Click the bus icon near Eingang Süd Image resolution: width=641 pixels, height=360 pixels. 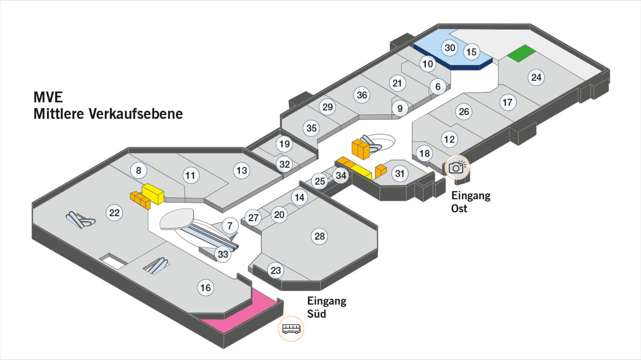pos(291,329)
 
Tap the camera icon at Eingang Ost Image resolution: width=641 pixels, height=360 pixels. pos(457,167)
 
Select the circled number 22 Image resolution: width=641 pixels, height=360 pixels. pos(114,213)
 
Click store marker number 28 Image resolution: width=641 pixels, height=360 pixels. pos(319,237)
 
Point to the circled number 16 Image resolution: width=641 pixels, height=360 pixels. pos(205,287)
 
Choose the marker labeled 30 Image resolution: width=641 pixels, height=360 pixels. pos(449,48)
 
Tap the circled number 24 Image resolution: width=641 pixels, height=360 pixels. pos(536,77)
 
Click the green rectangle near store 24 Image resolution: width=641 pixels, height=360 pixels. pos(521,53)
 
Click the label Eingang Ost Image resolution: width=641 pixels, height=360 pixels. pos(470,202)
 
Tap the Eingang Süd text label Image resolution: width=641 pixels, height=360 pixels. pos(326,307)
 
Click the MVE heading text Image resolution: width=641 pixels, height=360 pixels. pos(48,97)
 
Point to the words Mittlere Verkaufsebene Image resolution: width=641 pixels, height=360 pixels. pos(108,114)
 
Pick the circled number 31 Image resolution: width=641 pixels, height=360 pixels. pos(399,174)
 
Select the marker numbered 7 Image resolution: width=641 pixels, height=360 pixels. pos(230,226)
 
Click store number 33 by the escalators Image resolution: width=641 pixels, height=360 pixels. pos(223,254)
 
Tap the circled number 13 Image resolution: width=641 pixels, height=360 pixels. pos(242,170)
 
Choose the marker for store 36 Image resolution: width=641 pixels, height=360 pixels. pos(362,95)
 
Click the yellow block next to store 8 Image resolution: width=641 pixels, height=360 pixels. pos(153,194)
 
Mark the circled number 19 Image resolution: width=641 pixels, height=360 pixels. pos(284,144)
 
